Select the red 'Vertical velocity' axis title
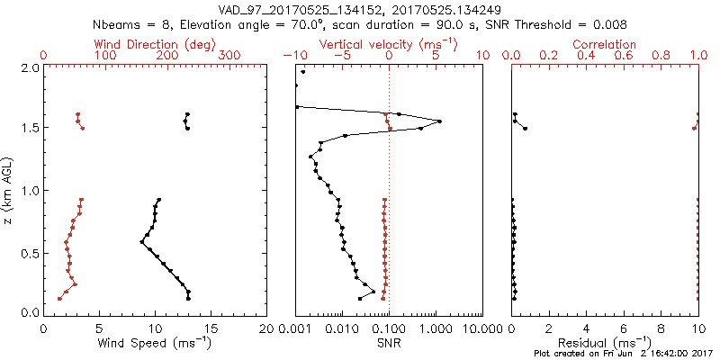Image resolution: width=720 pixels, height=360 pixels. click(388, 44)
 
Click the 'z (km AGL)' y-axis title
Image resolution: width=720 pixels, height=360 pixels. click(9, 190)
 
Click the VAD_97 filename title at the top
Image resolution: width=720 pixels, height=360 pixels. click(360, 9)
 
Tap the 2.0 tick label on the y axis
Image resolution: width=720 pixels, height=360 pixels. click(29, 67)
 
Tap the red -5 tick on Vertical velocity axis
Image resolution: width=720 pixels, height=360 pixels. click(342, 56)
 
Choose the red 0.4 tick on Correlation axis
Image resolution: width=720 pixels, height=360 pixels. click(586, 56)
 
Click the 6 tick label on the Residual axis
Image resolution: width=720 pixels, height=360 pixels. click(624, 328)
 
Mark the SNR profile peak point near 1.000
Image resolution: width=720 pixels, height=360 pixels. click(439, 121)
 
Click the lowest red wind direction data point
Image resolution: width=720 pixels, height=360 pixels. click(59, 299)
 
